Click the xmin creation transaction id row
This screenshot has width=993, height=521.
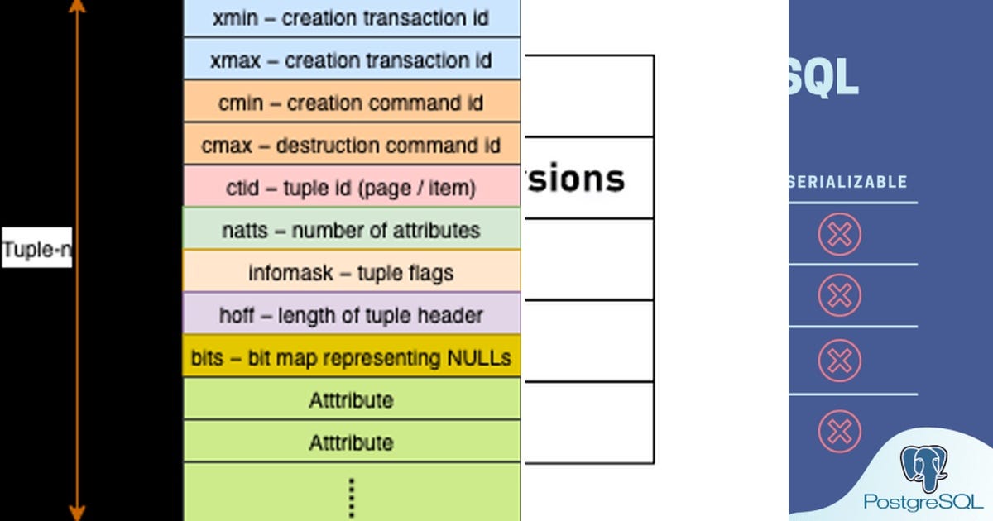click(x=352, y=17)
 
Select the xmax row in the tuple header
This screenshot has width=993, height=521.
click(x=352, y=60)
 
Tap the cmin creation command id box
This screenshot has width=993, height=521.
click(x=352, y=103)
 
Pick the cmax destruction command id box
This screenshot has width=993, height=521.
click(x=352, y=146)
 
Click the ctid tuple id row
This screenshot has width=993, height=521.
click(x=352, y=188)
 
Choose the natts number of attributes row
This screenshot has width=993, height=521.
click(x=352, y=229)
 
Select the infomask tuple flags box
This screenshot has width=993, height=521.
click(x=352, y=272)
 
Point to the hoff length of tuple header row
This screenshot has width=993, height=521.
click(x=352, y=315)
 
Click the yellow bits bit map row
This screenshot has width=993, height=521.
click(x=352, y=358)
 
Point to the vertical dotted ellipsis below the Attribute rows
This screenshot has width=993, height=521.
click(x=352, y=496)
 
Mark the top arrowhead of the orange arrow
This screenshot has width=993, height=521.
click(x=77, y=7)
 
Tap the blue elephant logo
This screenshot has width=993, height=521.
click(x=923, y=468)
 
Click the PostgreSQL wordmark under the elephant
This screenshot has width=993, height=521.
click(x=923, y=501)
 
